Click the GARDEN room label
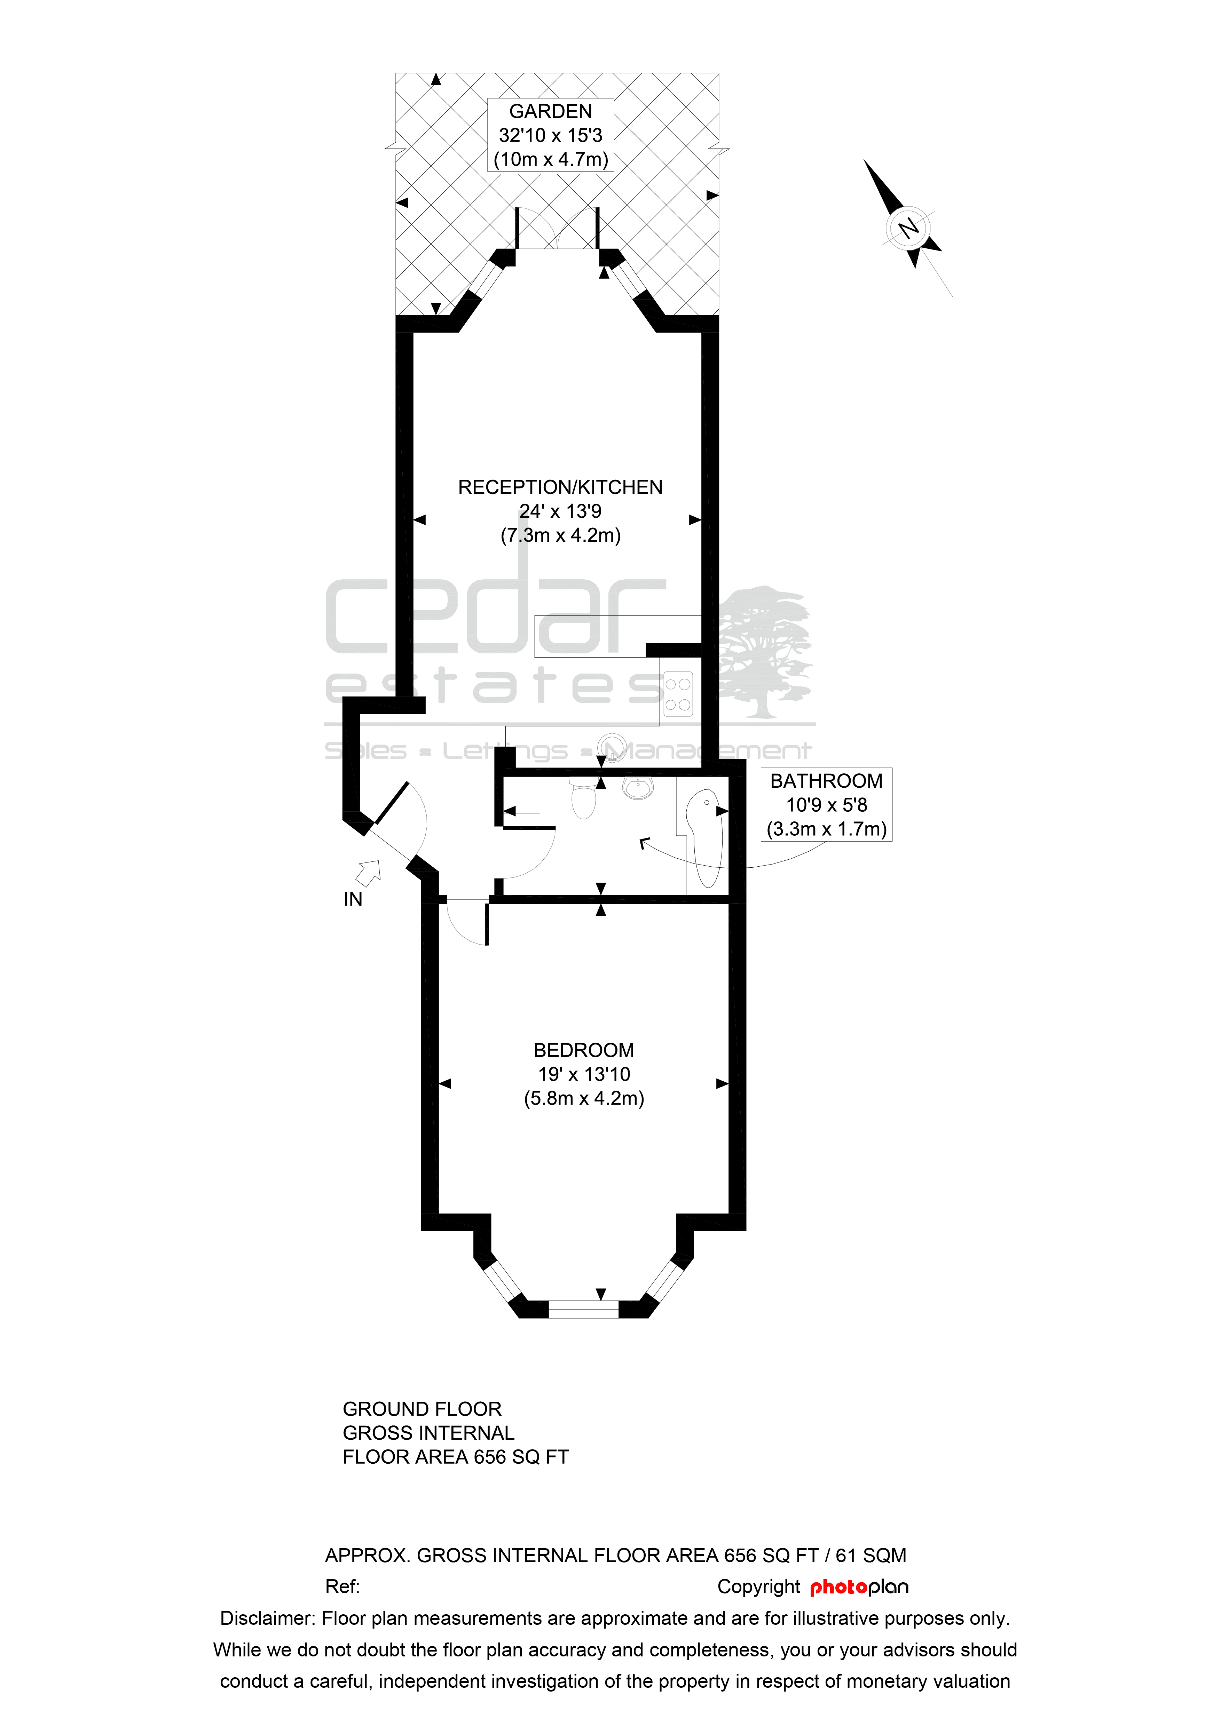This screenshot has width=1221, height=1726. coord(550,111)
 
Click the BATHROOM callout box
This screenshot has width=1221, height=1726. coord(826,804)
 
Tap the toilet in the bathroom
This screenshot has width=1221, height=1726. coord(583,798)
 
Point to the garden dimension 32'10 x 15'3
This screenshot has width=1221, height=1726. coord(550,135)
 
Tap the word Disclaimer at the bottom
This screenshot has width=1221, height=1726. coord(267,1618)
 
